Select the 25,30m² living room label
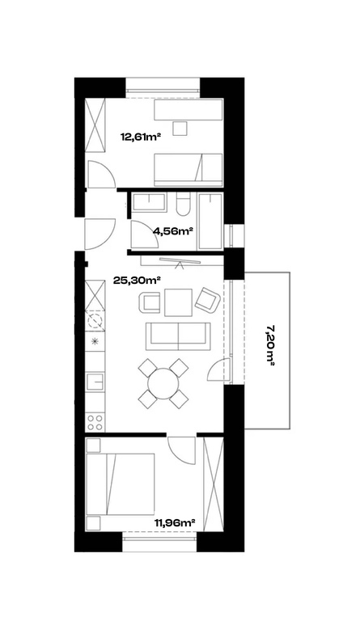tap(137, 281)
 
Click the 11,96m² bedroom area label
tap(176, 523)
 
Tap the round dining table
tap(163, 383)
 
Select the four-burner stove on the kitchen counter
tap(95, 422)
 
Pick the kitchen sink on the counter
tap(95, 383)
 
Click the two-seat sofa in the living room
tap(178, 336)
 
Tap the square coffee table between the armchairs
tap(178, 302)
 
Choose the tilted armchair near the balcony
tap(208, 299)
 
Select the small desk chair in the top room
tap(180, 129)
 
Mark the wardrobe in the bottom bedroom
tap(213, 483)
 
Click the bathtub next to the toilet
tap(210, 222)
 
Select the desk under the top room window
tap(188, 109)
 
